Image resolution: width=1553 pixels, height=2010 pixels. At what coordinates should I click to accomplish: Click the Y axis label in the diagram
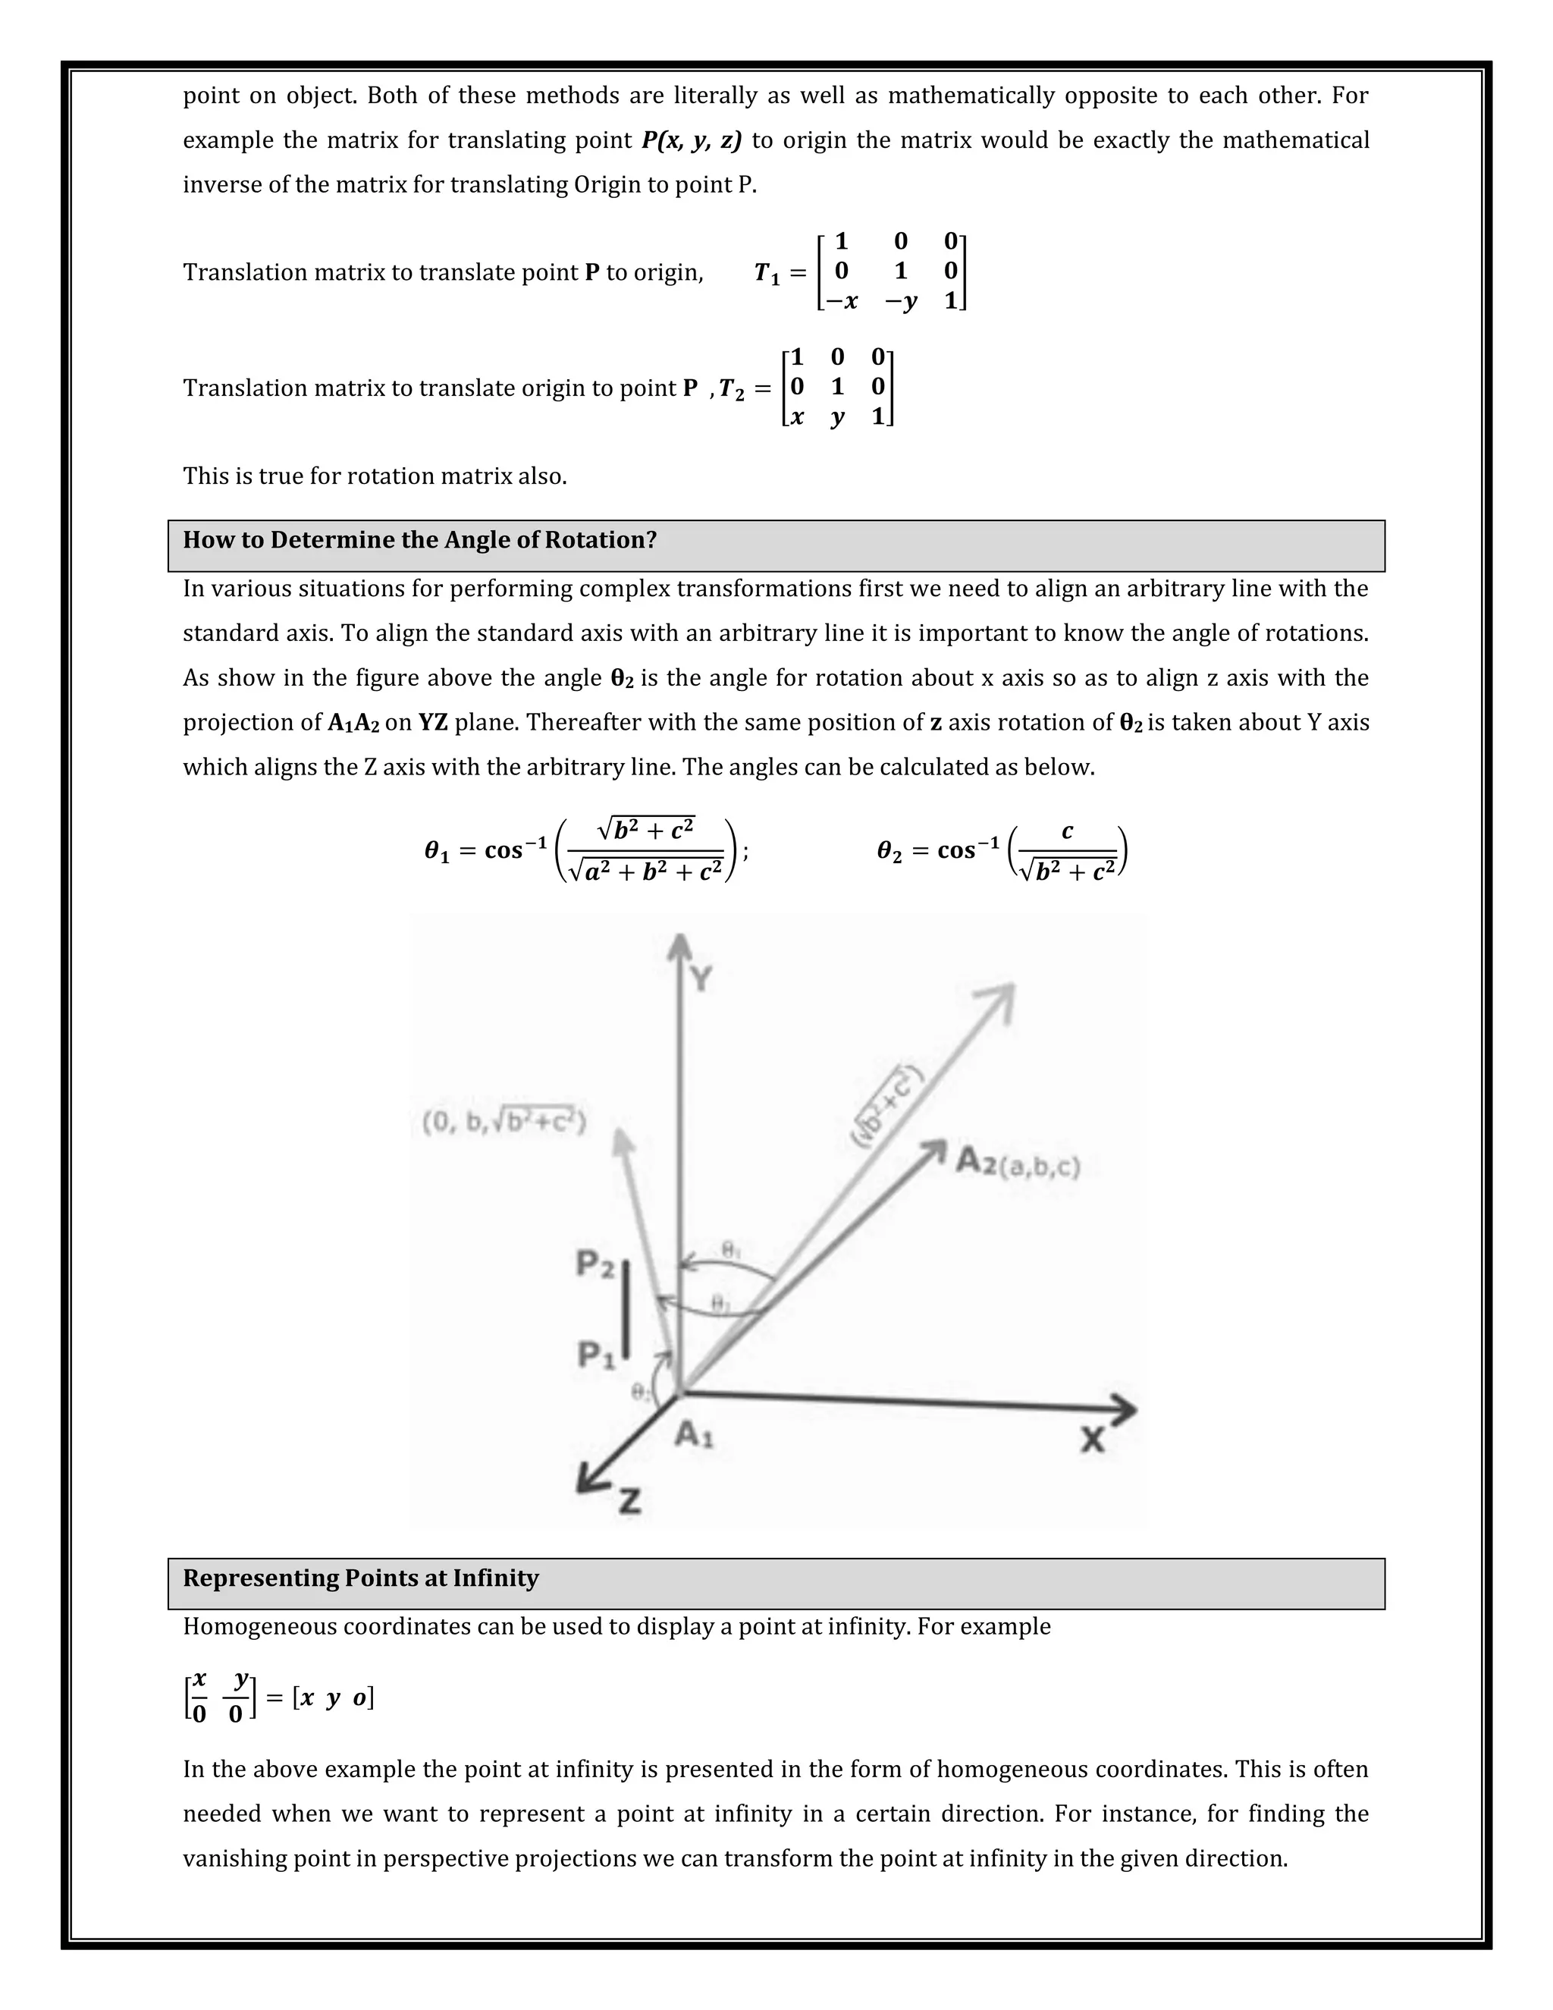coord(701,979)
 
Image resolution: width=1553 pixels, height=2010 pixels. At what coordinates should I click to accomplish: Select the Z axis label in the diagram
coord(629,1502)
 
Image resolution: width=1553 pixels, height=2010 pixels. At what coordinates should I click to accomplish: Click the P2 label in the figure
coord(595,1264)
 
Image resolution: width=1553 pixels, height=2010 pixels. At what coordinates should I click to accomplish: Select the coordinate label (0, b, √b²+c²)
coord(504,1122)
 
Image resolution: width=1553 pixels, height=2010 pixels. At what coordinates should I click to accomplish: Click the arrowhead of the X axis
coord(1125,1410)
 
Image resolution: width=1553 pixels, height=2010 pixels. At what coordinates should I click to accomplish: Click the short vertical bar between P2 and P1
coord(626,1308)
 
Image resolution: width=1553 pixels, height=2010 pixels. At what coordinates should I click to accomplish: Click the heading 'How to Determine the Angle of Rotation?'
coord(419,540)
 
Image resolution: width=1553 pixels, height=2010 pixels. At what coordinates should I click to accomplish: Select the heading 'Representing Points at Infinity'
coord(361,1578)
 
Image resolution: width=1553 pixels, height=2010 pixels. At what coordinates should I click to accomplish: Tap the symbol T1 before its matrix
coord(767,273)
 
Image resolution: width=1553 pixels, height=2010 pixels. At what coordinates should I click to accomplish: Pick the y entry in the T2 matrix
coord(836,417)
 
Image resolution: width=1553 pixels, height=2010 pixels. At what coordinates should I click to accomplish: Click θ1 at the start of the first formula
coord(437,851)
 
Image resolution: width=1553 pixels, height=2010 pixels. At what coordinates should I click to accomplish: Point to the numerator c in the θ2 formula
coord(1066,831)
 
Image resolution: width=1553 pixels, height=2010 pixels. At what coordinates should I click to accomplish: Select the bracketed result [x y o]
coord(333,1698)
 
